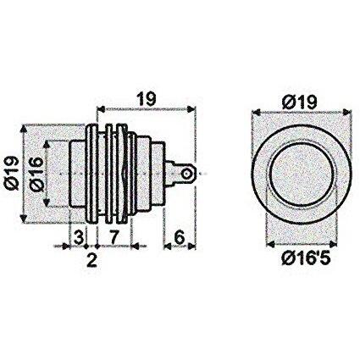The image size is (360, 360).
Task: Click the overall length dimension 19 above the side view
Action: [147, 99]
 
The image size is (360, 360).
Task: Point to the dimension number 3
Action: [79, 237]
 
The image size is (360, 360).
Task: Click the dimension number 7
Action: [113, 237]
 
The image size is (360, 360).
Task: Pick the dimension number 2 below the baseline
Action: [92, 260]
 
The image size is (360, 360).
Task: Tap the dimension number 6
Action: [180, 237]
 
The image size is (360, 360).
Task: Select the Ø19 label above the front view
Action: [299, 102]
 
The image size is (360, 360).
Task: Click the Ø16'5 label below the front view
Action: [306, 258]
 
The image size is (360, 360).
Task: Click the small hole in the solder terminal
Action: [186, 174]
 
